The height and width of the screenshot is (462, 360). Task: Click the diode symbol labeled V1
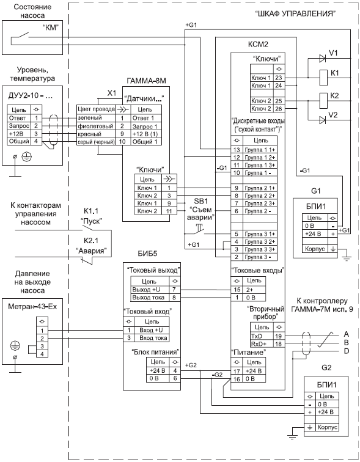[x=322, y=58]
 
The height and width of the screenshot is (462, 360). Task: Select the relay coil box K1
[x=323, y=78]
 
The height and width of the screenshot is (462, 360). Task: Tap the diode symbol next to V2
[x=322, y=120]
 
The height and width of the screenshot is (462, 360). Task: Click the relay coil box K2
[x=323, y=100]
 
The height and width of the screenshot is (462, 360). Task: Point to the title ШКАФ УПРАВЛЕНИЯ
[x=295, y=14]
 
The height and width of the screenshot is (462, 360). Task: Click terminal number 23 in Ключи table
[x=278, y=78]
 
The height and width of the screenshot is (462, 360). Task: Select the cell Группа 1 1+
[x=260, y=150]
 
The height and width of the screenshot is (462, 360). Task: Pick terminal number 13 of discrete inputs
[x=237, y=150]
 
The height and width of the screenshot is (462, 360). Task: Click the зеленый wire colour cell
[x=96, y=118]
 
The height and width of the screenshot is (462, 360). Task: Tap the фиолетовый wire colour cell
[x=96, y=126]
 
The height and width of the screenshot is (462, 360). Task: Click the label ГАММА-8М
[x=147, y=81]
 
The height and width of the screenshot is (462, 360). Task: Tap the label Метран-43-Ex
[x=32, y=306]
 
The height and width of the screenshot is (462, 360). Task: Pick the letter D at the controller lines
[x=347, y=351]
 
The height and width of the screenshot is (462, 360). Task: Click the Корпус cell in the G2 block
[x=327, y=427]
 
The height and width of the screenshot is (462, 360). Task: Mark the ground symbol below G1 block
[x=347, y=259]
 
